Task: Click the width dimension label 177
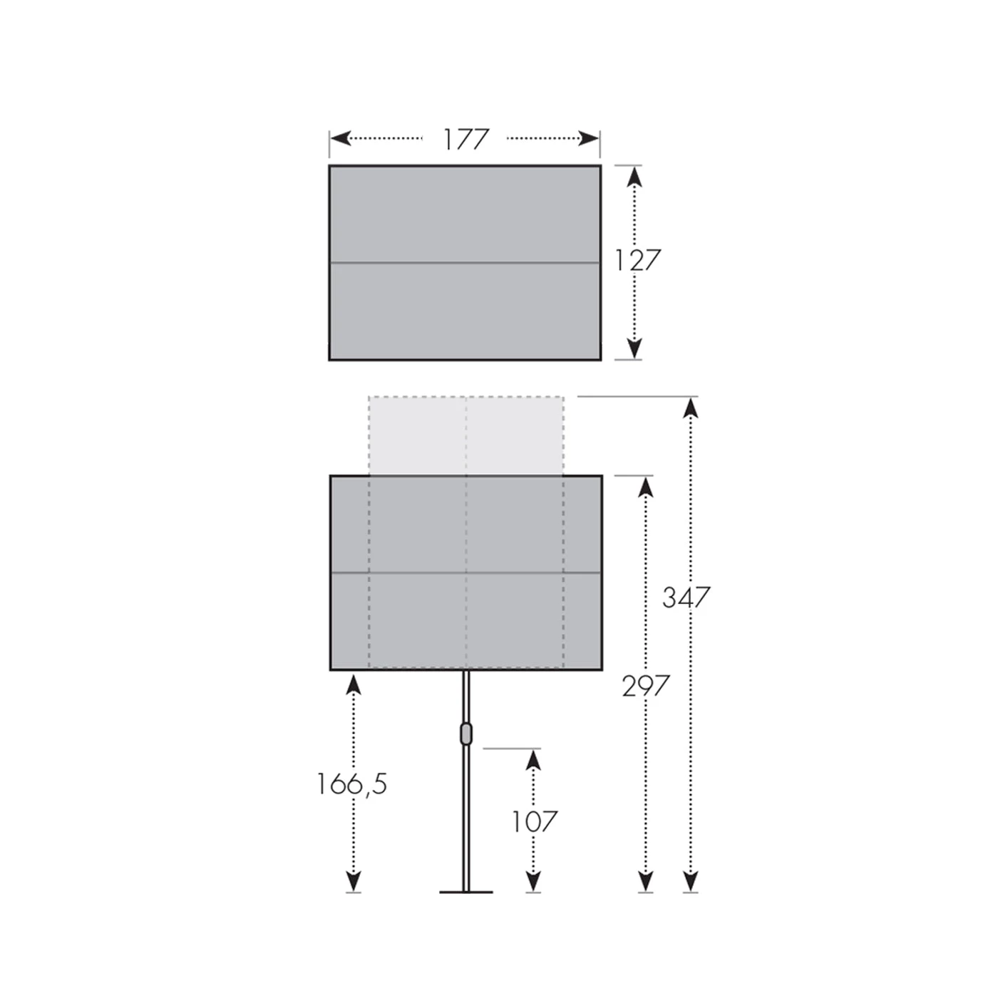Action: [465, 139]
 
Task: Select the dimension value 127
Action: [637, 260]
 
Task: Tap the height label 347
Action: [686, 597]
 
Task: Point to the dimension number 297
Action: [645, 686]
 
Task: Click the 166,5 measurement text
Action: [351, 783]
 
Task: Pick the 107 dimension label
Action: [534, 821]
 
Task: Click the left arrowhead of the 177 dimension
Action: [341, 138]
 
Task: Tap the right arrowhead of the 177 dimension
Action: [589, 138]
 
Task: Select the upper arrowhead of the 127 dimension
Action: [634, 177]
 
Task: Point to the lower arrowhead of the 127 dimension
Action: [634, 349]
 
